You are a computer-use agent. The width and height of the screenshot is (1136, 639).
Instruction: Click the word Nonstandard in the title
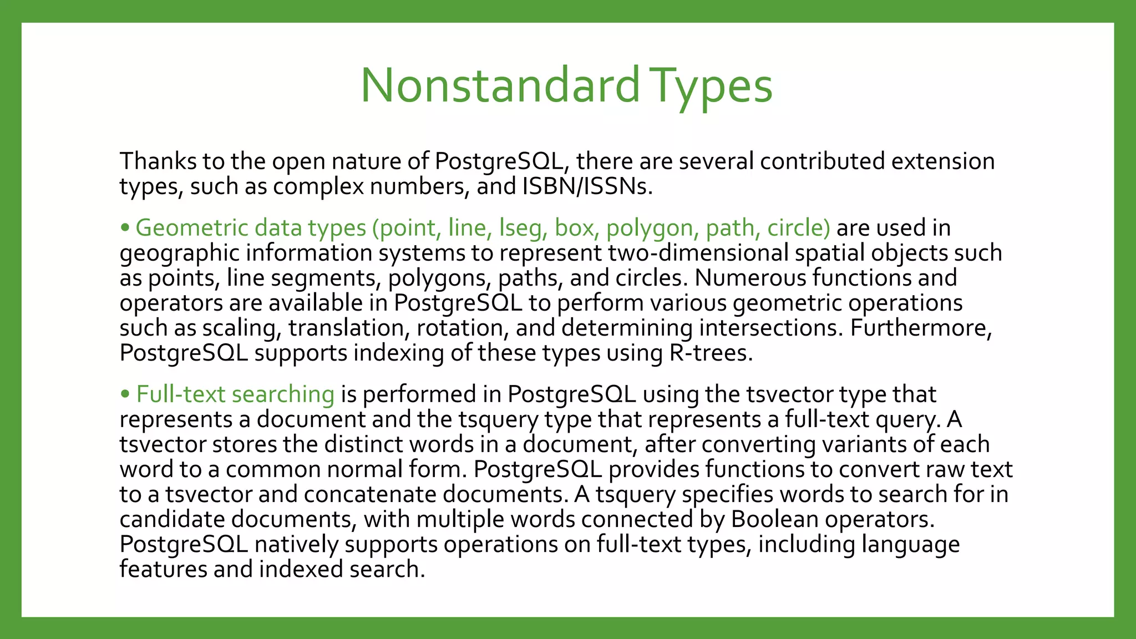(x=500, y=86)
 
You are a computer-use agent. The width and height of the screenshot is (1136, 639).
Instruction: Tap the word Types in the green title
(x=711, y=86)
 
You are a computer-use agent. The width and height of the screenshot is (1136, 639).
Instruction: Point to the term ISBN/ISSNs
(x=587, y=186)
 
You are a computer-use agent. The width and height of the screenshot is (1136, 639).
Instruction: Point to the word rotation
(x=462, y=328)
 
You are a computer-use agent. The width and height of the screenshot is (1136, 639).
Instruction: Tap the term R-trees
(x=711, y=353)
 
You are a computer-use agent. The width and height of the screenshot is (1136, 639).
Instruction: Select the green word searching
(x=283, y=394)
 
